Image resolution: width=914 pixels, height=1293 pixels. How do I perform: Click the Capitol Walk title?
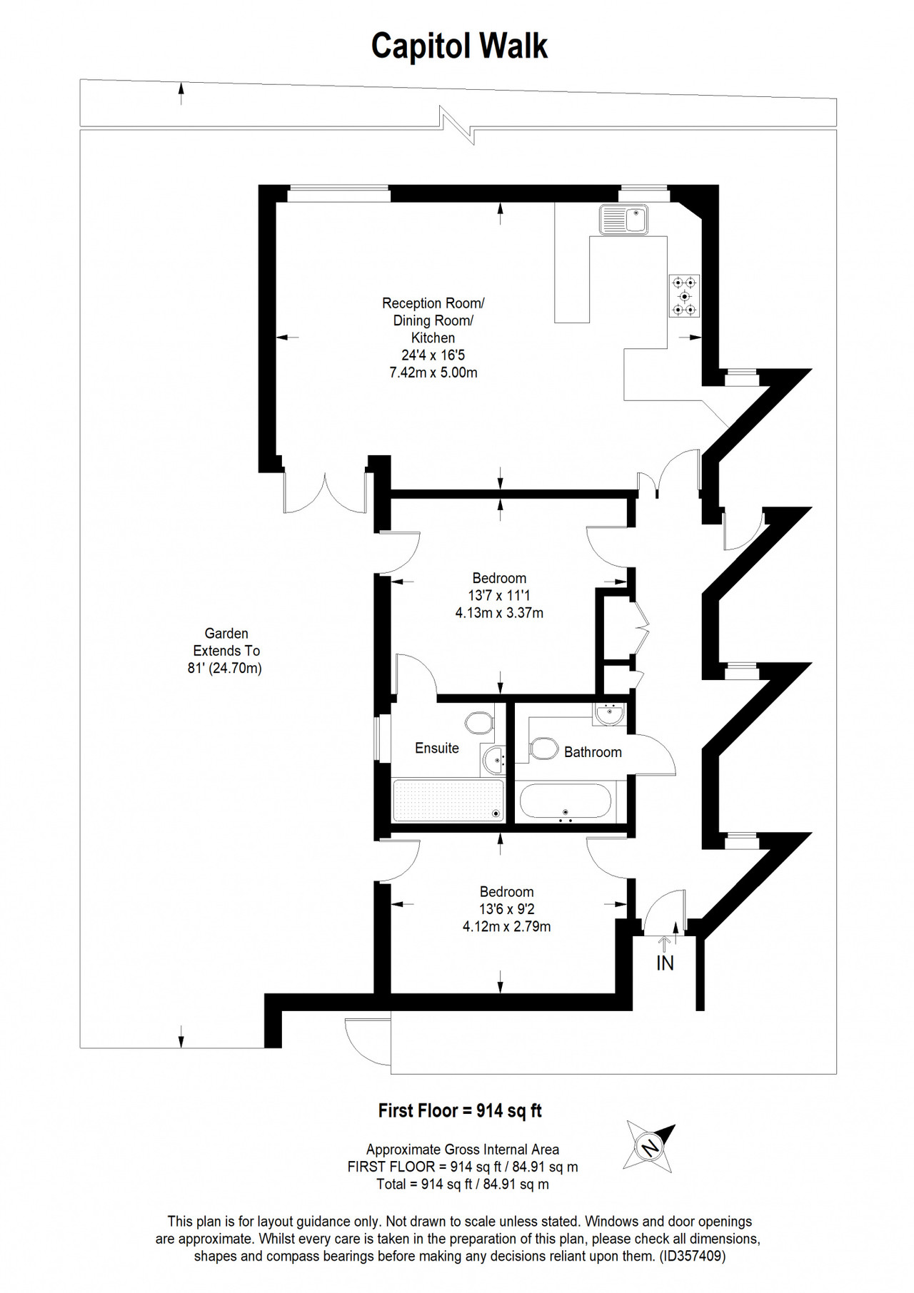[x=459, y=46]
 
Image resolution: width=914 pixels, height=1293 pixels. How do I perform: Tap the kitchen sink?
[x=623, y=219]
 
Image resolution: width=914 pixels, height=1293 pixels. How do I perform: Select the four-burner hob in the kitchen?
[x=684, y=295]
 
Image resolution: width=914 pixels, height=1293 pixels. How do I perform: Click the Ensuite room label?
[x=437, y=748]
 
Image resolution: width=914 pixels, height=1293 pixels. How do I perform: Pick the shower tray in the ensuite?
[x=448, y=800]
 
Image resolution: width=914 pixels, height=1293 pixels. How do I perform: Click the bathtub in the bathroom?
[x=566, y=801]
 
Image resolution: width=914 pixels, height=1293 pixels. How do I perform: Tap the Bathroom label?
[x=593, y=752]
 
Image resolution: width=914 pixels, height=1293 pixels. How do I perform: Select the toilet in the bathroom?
[x=543, y=749]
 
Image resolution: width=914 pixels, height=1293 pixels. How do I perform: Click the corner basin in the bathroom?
[x=609, y=713]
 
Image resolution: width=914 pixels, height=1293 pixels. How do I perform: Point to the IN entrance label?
[x=665, y=963]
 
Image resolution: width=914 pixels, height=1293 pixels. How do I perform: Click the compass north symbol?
[x=649, y=1147]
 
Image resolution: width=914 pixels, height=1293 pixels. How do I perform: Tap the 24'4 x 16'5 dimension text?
[x=433, y=355]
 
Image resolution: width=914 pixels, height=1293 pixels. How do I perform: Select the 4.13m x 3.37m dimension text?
[x=499, y=612]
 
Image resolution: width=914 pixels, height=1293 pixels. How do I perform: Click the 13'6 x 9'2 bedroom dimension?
[x=507, y=909]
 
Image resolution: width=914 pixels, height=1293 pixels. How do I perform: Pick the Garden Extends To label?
[x=226, y=642]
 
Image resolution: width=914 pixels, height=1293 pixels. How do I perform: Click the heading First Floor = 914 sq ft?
[x=460, y=1111]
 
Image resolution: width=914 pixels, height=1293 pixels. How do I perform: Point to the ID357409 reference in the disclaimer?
[x=690, y=1257]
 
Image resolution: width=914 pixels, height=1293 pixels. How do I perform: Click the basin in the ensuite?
[x=494, y=761]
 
